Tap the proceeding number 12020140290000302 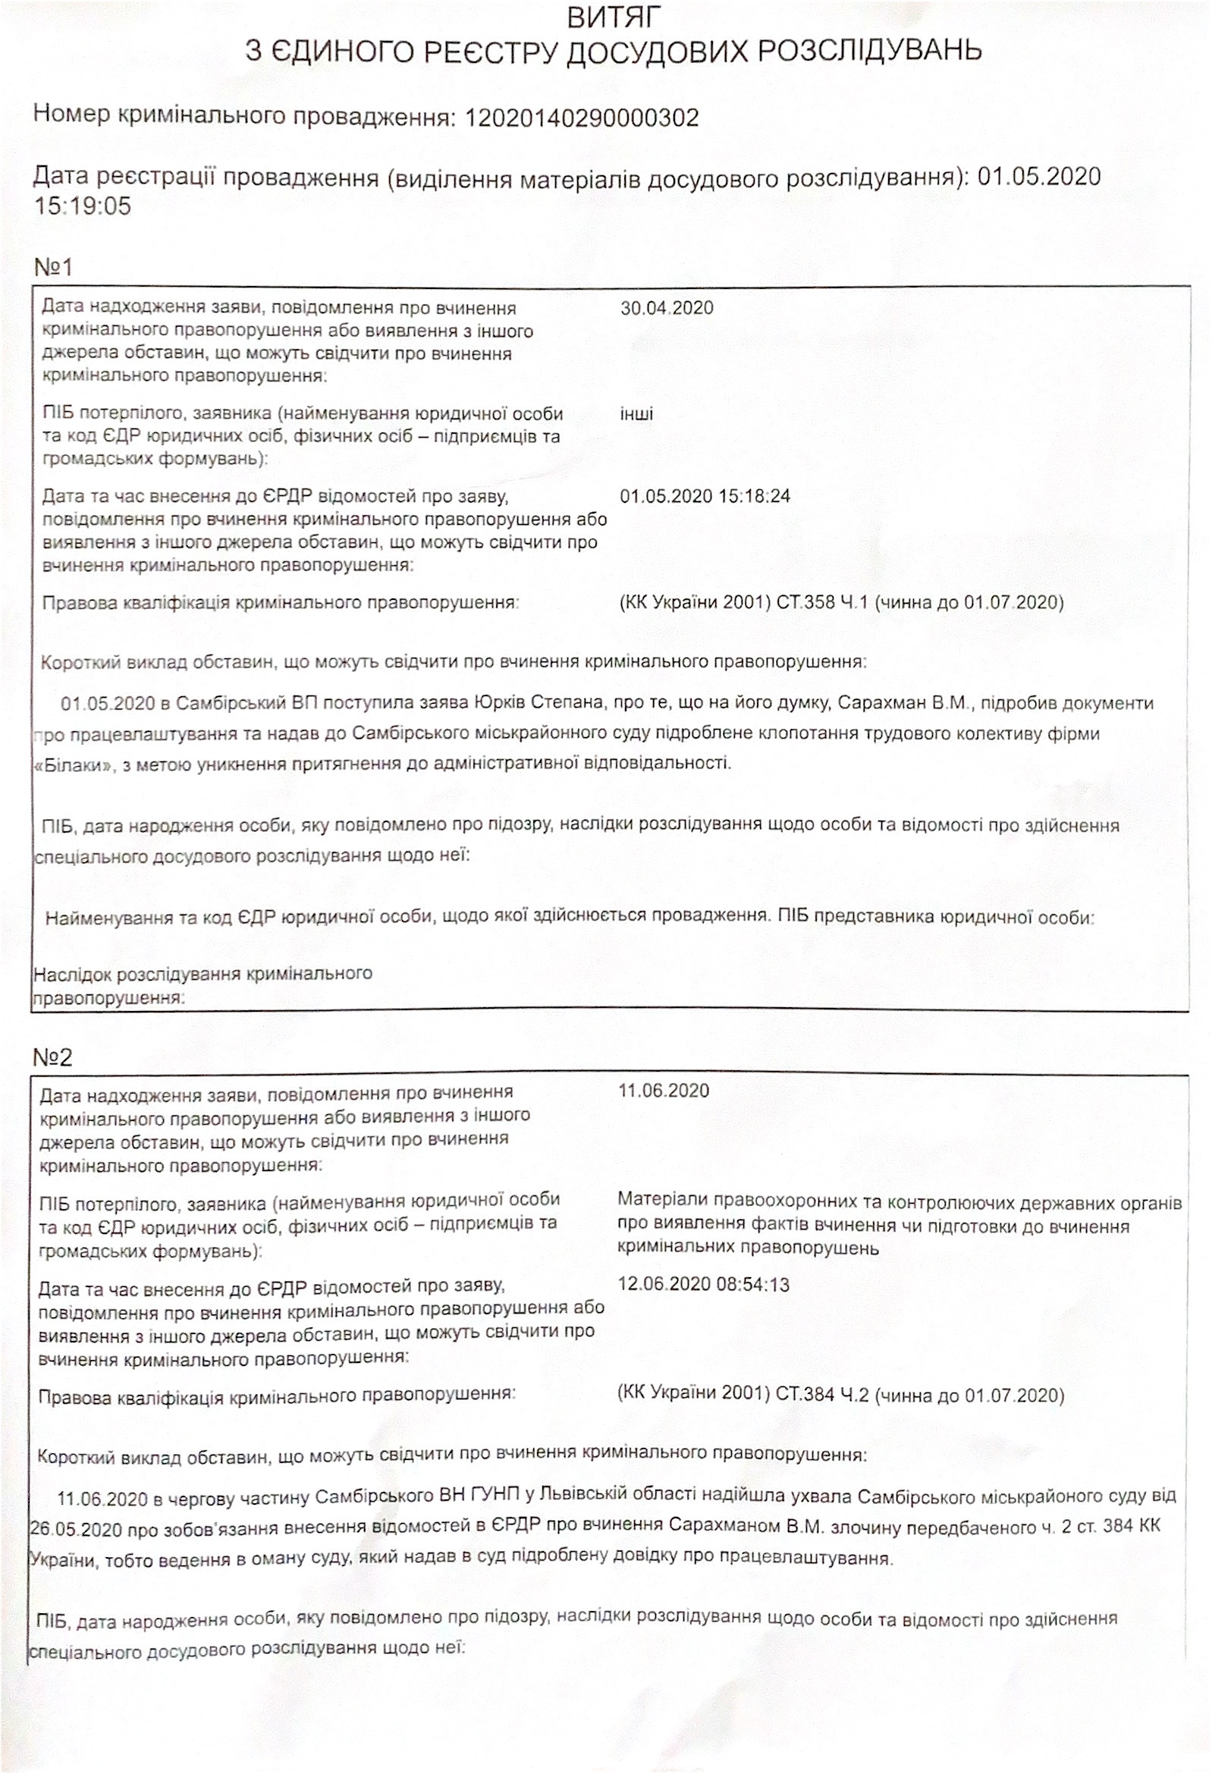[582, 118]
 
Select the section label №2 [52, 1057]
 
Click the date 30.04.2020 [666, 309]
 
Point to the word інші [636, 415]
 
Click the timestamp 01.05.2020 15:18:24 [705, 496]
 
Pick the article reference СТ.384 [809, 1396]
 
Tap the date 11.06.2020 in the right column [663, 1090]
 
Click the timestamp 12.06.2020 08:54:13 [703, 1285]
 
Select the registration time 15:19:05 [83, 206]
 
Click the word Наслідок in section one [73, 973]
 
